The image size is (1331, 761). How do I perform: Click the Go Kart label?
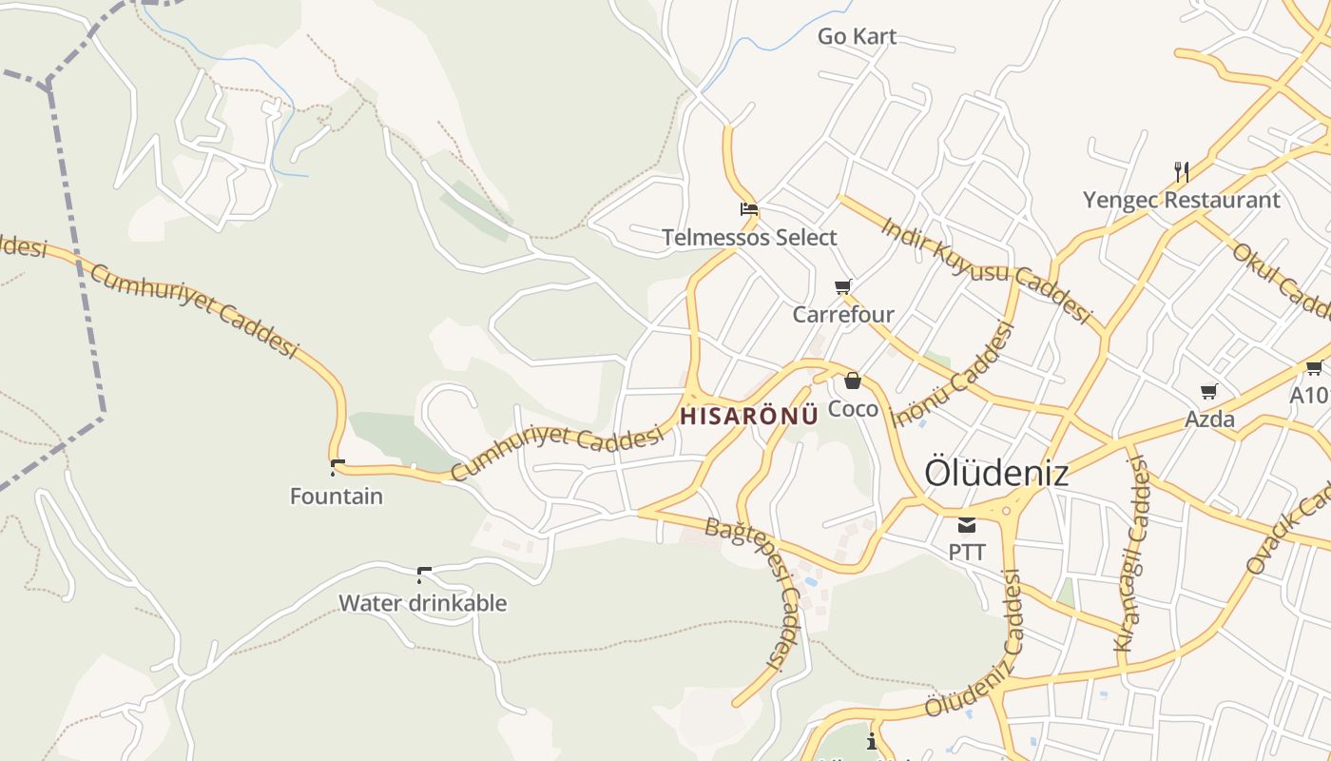click(857, 37)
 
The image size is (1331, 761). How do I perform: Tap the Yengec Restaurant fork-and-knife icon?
click(1182, 172)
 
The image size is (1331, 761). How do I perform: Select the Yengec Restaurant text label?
click(1182, 201)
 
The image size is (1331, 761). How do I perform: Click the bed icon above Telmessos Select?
click(749, 209)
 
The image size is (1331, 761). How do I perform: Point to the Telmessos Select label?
click(749, 238)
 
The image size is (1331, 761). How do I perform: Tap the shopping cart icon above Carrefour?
click(843, 286)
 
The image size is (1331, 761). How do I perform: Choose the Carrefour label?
click(843, 315)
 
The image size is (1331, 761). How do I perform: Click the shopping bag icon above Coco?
click(853, 381)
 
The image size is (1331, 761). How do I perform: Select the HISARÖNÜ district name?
click(749, 416)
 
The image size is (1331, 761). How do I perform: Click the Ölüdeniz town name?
click(996, 473)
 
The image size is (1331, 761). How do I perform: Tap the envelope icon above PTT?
click(967, 524)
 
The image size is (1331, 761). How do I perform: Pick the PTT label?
click(967, 553)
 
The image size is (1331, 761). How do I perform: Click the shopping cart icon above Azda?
click(1209, 391)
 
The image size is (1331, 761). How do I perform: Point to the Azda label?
click(1209, 420)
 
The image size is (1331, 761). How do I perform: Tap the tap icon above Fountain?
click(337, 467)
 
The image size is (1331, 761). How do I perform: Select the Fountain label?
click(337, 497)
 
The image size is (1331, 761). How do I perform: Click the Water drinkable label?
click(423, 603)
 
